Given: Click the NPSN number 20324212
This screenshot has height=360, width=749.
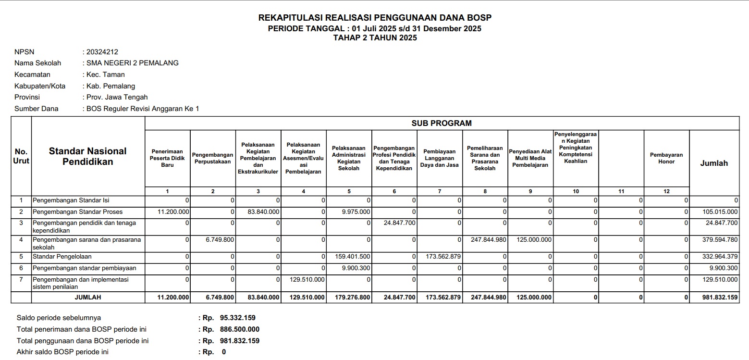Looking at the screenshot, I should pos(102,52).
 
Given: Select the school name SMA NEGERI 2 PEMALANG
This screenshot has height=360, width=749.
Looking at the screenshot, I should pos(133,63).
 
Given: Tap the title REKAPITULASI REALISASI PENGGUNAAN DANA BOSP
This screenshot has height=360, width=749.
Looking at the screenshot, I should pos(375,18).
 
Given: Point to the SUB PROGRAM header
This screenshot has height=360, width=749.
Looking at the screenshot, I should pos(442,123).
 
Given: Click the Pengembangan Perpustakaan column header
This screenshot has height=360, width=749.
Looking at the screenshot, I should pos(213,158).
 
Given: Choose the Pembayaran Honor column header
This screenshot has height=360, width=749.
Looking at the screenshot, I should pos(666,158).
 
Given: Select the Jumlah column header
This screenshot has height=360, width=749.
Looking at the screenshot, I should pos(714,163).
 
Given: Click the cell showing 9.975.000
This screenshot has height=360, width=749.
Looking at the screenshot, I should pos(356,211).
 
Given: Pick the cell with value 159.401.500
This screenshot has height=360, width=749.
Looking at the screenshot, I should pos(353,257).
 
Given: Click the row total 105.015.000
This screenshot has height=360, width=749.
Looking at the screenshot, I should pos(719,211).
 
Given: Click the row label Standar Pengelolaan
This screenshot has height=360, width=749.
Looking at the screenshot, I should pos(62,257).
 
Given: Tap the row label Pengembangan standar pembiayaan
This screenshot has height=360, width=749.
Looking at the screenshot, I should pos(84,268).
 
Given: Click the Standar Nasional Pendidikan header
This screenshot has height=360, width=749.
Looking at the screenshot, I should pos(87,156).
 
